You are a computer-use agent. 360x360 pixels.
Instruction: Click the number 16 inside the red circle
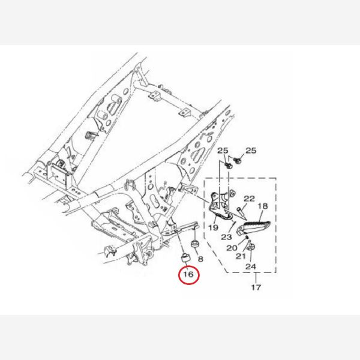(188, 274)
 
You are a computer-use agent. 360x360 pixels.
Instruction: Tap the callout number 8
(200, 259)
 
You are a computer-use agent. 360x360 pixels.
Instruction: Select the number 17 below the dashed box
(256, 287)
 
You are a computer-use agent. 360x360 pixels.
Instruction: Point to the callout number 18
(263, 206)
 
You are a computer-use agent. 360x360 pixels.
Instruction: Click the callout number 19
(213, 227)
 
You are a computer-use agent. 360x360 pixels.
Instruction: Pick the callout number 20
(232, 248)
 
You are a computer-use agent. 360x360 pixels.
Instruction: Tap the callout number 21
(241, 256)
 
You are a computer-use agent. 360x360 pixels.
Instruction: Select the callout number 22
(249, 199)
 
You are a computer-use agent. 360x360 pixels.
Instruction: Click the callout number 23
(227, 237)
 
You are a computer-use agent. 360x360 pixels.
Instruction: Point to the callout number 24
(251, 266)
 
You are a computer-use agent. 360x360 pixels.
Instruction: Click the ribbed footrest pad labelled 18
(254, 227)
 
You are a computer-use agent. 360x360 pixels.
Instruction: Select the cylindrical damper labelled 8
(195, 244)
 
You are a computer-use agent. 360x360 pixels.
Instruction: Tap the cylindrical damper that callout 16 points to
(185, 258)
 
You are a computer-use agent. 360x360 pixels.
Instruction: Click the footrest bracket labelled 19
(219, 205)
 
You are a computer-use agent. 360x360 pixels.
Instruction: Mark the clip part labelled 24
(251, 247)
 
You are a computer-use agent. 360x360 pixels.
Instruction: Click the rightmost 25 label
(251, 151)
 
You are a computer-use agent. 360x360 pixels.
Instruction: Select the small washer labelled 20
(247, 237)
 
